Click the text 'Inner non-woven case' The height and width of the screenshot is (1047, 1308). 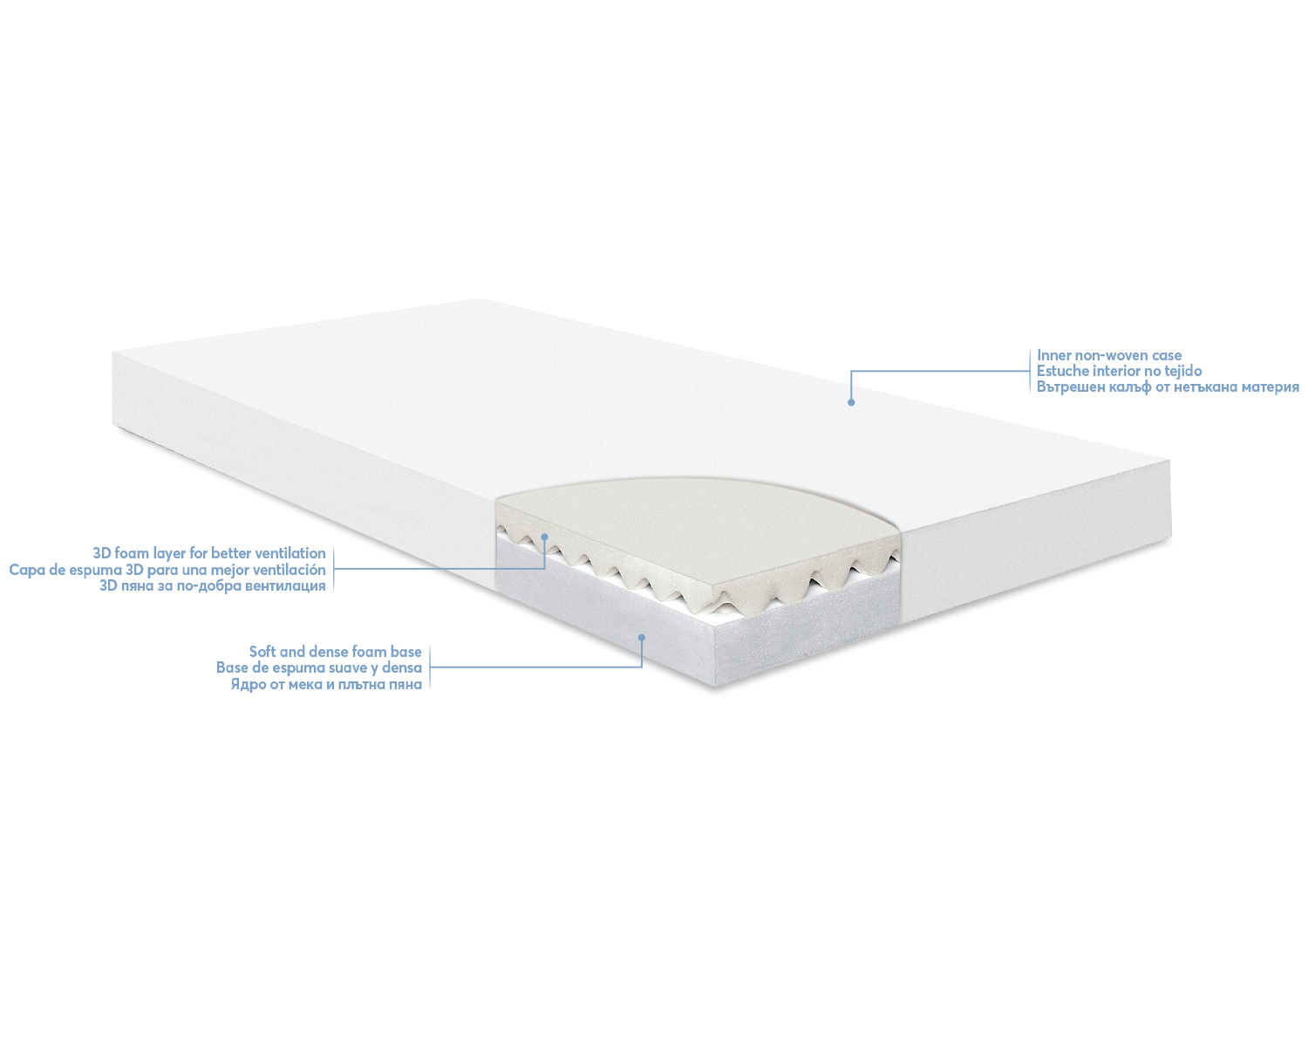pos(1109,355)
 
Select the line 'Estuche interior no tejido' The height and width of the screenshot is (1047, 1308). pos(1119,371)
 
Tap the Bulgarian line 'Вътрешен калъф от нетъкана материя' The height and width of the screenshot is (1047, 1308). pos(1168,387)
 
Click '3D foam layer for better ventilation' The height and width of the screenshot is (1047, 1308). pos(209,554)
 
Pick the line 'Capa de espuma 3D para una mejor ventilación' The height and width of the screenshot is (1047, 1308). pos(167,570)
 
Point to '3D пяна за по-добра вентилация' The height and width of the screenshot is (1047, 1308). pos(213,585)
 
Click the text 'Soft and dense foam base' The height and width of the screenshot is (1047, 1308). pos(336,652)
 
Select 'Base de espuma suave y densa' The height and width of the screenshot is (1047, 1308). pos(319,668)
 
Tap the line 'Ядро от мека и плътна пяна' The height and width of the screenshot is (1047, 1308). pos(326,684)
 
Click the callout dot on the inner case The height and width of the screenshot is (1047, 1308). pos(851,402)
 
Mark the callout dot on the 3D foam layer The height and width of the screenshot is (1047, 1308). pos(545,537)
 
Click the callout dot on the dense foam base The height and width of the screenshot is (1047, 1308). pos(641,638)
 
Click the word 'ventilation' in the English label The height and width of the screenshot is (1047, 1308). pos(290,554)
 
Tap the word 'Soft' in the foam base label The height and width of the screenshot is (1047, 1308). pos(262,652)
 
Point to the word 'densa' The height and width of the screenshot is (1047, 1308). pos(402,668)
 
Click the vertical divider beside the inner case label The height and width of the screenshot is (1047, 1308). pos(1030,371)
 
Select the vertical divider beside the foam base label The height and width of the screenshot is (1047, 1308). pos(430,667)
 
